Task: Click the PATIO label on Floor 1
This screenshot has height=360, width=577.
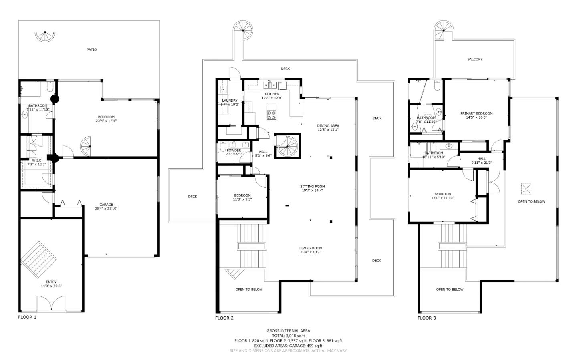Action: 91,50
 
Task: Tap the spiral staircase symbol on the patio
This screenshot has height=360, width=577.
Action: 45,36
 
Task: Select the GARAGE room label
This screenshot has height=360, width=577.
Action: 106,205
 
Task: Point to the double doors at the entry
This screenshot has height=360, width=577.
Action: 51,303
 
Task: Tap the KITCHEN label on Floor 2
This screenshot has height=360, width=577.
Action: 272,94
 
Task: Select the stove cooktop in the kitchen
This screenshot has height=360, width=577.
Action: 272,115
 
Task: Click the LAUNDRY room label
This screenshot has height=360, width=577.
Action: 230,101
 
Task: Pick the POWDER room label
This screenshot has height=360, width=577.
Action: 234,151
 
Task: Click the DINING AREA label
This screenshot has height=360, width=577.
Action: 328,126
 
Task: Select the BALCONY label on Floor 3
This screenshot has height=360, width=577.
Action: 474,60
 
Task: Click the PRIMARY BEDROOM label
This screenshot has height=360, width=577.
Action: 476,113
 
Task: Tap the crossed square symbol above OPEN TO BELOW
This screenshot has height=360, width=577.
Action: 526,188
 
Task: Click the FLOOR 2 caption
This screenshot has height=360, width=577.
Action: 224,318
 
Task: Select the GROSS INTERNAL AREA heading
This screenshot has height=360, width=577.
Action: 288,331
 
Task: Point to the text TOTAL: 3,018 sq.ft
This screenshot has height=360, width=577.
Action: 288,336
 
